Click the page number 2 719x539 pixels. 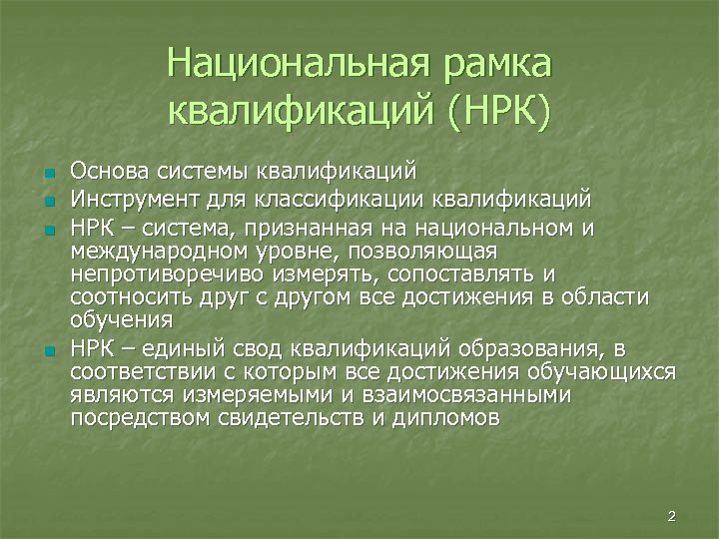(x=672, y=516)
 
